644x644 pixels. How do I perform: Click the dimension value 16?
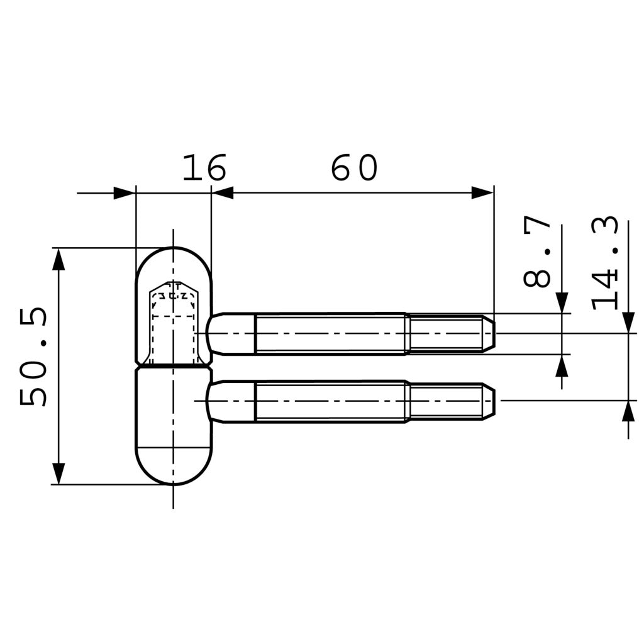pos(204,168)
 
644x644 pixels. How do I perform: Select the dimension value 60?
pos(354,168)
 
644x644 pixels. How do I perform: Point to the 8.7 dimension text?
pos(538,252)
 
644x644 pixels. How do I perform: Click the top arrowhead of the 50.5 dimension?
pos(58,258)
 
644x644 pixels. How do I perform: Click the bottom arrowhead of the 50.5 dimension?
pos(58,474)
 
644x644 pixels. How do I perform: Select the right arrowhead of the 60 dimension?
pos(482,193)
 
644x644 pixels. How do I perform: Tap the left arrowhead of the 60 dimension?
pos(223,193)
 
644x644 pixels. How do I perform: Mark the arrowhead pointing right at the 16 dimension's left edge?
pos(124,193)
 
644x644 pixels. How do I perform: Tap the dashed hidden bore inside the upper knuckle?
pos(174,321)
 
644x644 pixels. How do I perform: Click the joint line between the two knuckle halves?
pos(174,365)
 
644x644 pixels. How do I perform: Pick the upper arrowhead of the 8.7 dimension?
pos(562,303)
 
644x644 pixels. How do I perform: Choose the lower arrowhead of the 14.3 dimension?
pos(628,411)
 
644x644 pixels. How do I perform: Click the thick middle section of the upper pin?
pos(330,333)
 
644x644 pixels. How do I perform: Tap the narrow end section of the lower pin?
pos(447,401)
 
